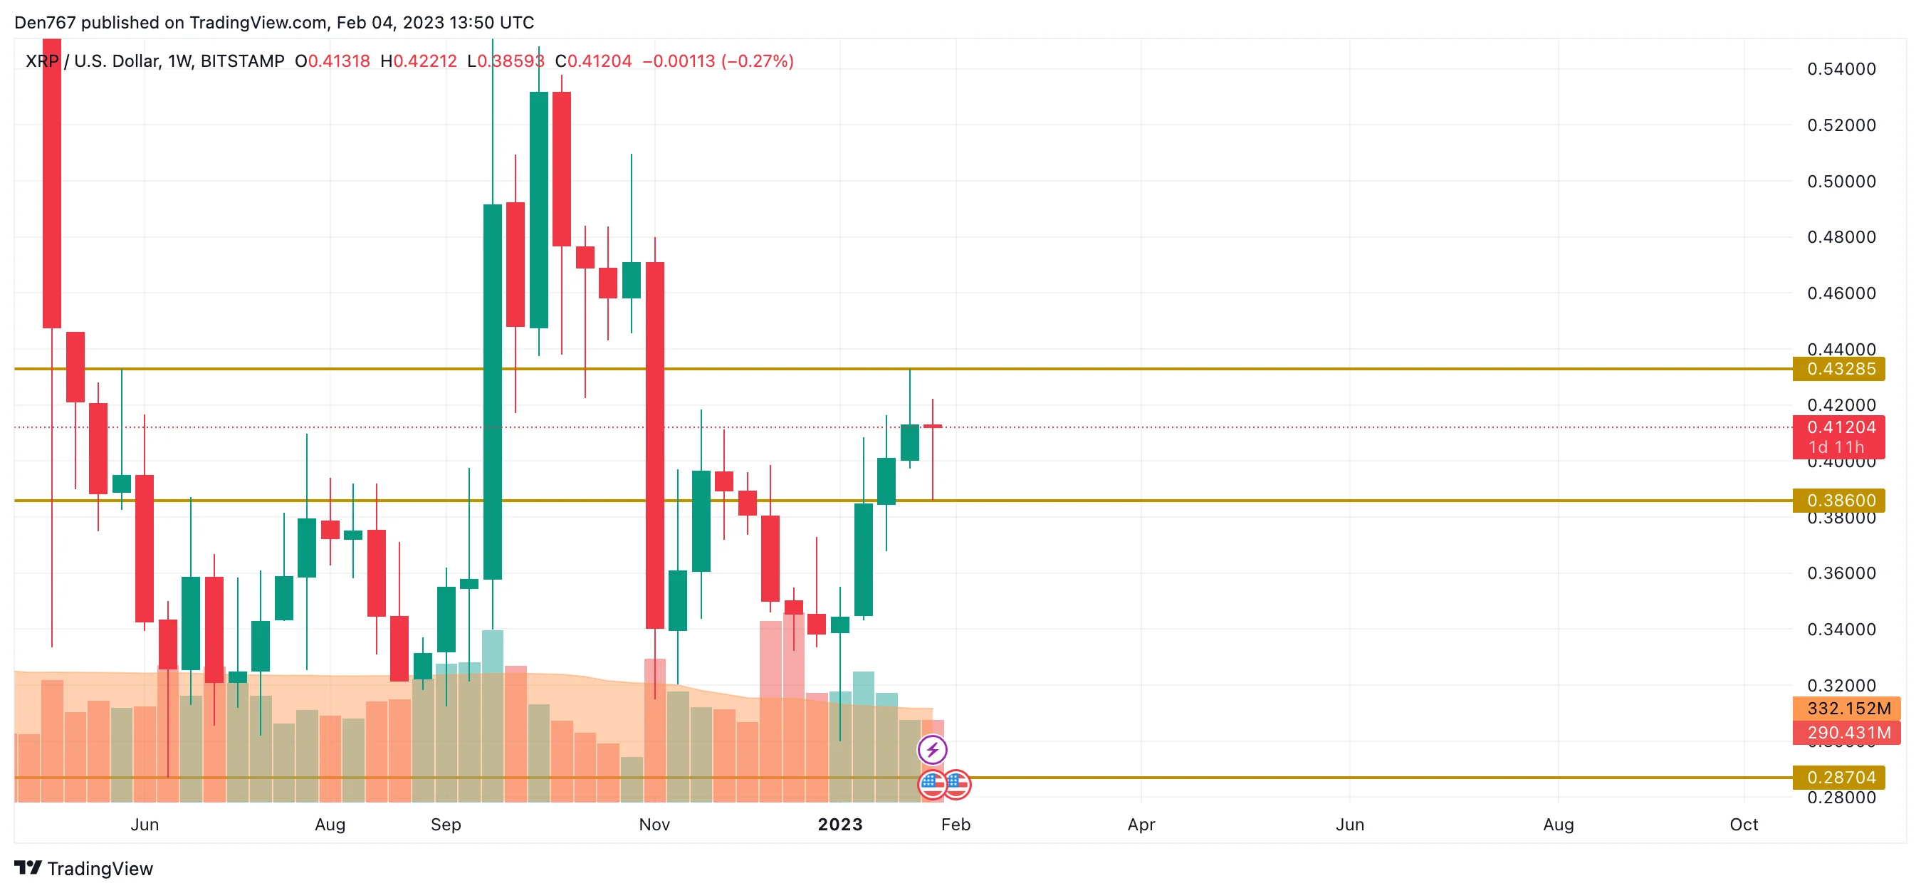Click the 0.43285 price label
tap(1840, 369)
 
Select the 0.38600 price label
tap(1840, 500)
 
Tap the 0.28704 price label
tap(1840, 778)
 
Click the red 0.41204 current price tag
tap(1840, 427)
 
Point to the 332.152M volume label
tap(1848, 708)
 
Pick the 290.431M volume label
tap(1848, 733)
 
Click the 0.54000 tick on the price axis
tap(1841, 69)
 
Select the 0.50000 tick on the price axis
tap(1841, 182)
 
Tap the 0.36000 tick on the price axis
tap(1841, 573)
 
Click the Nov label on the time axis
tap(654, 825)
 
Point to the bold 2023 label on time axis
tap(839, 825)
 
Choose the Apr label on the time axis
tap(1140, 825)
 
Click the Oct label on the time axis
tap(1744, 825)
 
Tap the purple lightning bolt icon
tap(932, 749)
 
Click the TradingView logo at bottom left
tap(83, 868)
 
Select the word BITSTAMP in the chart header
tap(242, 61)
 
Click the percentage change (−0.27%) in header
tap(757, 61)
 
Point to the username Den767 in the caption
tap(45, 22)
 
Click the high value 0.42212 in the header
tap(424, 61)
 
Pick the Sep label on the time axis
tap(445, 825)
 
